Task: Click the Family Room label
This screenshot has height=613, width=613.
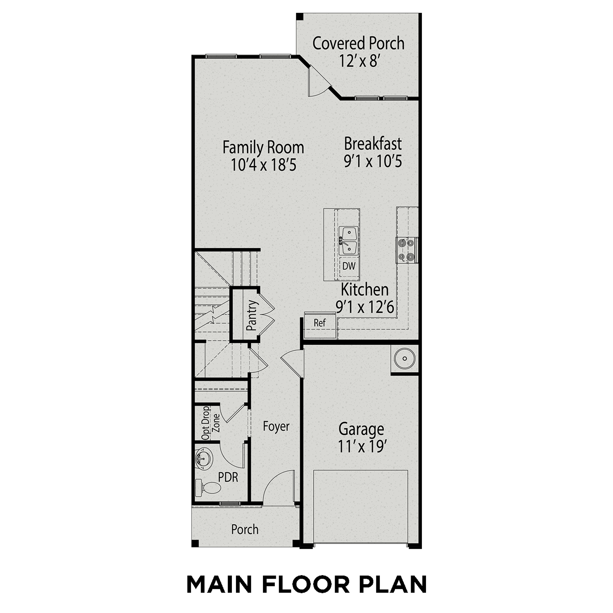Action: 263,147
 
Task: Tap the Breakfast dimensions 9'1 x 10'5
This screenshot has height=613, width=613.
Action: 373,161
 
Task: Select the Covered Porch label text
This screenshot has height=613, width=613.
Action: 358,43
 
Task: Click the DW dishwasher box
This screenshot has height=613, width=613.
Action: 349,266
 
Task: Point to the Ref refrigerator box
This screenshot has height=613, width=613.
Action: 320,323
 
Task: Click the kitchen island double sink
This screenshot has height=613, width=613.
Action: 348,241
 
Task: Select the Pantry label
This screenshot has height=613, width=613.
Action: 252,315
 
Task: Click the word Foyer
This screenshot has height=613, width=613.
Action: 276,427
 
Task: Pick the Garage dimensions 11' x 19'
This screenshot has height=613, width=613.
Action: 361,446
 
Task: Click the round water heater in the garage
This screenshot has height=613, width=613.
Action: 405,359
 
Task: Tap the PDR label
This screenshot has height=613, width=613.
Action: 228,477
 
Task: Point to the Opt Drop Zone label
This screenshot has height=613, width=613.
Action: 210,423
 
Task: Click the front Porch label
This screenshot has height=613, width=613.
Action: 245,530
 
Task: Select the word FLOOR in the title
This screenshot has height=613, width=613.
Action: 305,585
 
